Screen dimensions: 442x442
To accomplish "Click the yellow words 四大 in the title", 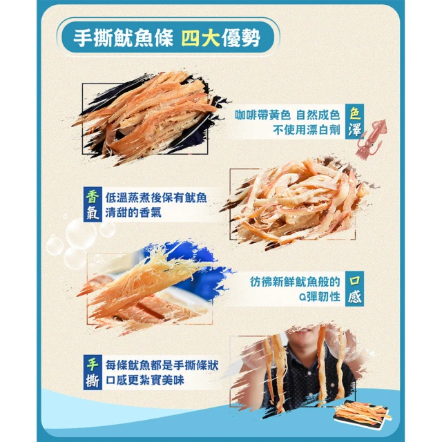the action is click(x=200, y=37).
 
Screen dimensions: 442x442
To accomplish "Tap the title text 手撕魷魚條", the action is click(x=123, y=37).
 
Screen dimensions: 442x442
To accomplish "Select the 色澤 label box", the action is click(x=354, y=122).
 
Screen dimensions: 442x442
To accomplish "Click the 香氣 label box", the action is click(x=93, y=204).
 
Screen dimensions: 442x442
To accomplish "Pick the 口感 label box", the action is click(x=354, y=289).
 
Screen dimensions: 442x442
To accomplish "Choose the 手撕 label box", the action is click(x=93, y=372).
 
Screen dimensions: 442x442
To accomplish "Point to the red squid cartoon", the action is click(x=371, y=139).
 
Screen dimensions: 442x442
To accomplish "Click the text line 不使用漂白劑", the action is click(x=307, y=130).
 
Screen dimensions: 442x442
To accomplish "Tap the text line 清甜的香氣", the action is click(x=133, y=212).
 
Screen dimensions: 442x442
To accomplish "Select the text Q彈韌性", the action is click(x=320, y=296).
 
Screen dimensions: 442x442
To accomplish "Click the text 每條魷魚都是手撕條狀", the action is click(x=162, y=365).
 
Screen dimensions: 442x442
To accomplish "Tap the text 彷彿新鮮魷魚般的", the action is click(x=295, y=282).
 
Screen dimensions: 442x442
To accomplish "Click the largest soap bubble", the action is click(x=81, y=233).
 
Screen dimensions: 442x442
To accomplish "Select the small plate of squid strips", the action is click(x=362, y=412).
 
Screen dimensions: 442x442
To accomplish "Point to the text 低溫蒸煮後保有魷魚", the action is click(x=156, y=198).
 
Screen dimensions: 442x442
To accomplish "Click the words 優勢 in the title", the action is click(x=241, y=37).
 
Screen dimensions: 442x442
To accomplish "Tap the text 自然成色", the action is click(x=318, y=115).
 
